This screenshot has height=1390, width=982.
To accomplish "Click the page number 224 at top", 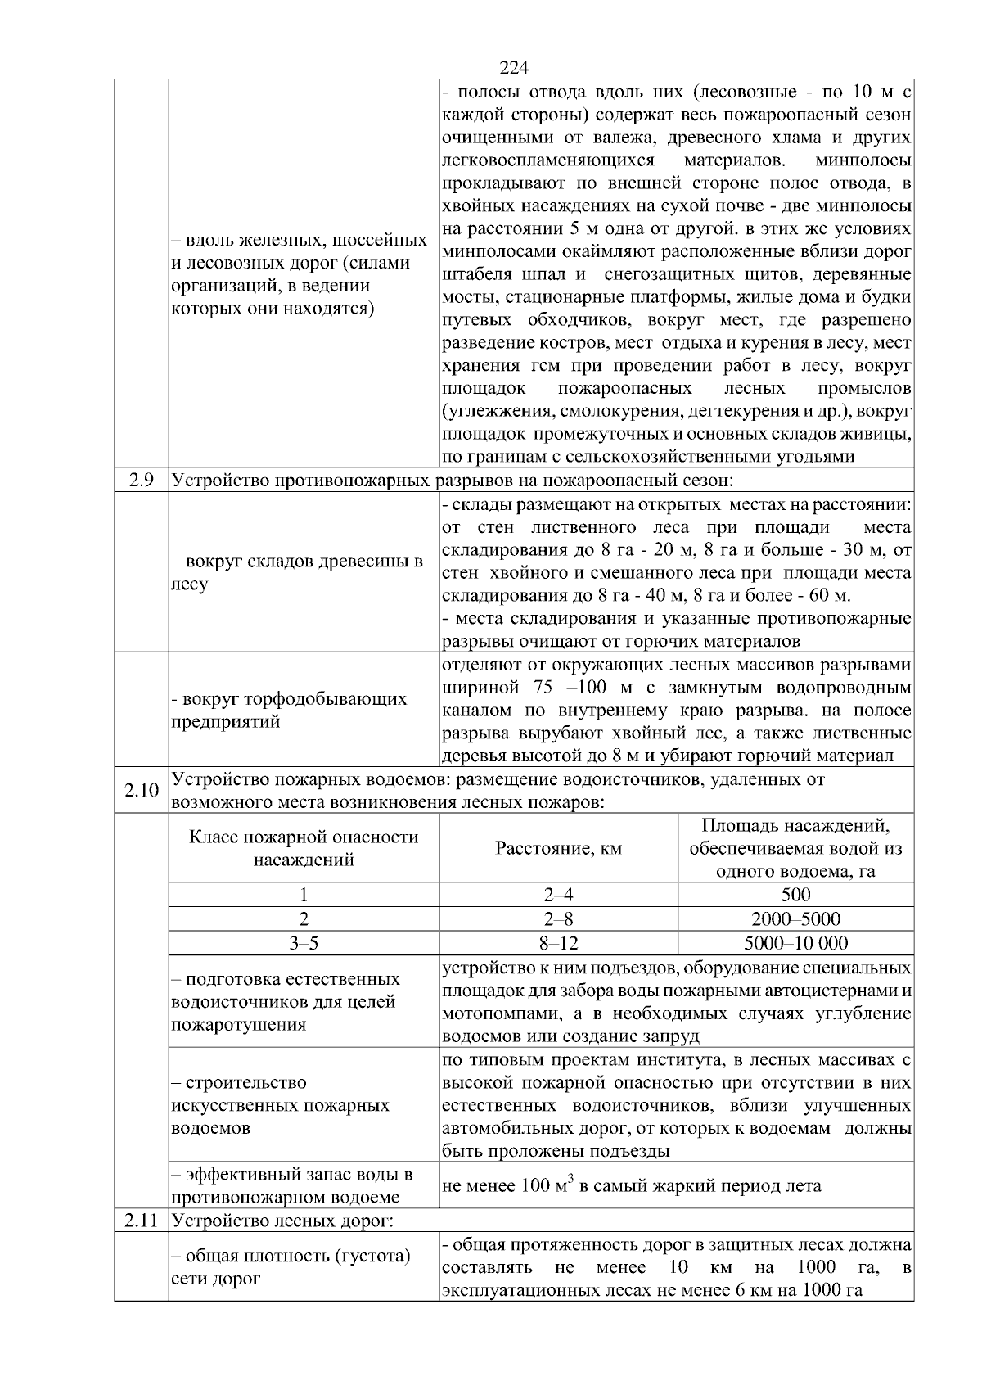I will (514, 68).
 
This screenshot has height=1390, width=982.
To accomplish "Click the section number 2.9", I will (141, 480).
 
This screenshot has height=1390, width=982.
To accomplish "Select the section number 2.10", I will (141, 790).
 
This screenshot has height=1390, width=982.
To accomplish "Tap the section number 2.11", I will (141, 1221).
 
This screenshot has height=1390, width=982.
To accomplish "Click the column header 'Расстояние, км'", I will (558, 848).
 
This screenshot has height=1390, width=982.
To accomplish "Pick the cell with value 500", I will (795, 895).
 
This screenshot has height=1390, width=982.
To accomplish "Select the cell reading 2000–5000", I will (795, 919).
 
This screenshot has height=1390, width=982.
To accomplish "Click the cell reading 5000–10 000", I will (795, 943).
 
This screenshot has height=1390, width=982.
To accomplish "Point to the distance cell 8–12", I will (558, 943).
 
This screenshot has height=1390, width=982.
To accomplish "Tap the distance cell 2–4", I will (558, 895).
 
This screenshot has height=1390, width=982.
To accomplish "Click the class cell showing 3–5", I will (304, 943).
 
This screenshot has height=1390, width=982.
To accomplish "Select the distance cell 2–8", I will (558, 919).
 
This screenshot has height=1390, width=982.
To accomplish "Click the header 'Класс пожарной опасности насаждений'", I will (304, 848).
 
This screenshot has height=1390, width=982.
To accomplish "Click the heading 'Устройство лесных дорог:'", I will (282, 1221).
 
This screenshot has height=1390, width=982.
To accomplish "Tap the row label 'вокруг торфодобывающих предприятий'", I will (288, 711).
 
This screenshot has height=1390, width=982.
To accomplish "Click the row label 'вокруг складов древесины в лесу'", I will (296, 573).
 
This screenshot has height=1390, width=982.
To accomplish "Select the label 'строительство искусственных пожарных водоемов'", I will (280, 1105).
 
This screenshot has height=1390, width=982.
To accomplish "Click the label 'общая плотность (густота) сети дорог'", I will (291, 1266).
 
